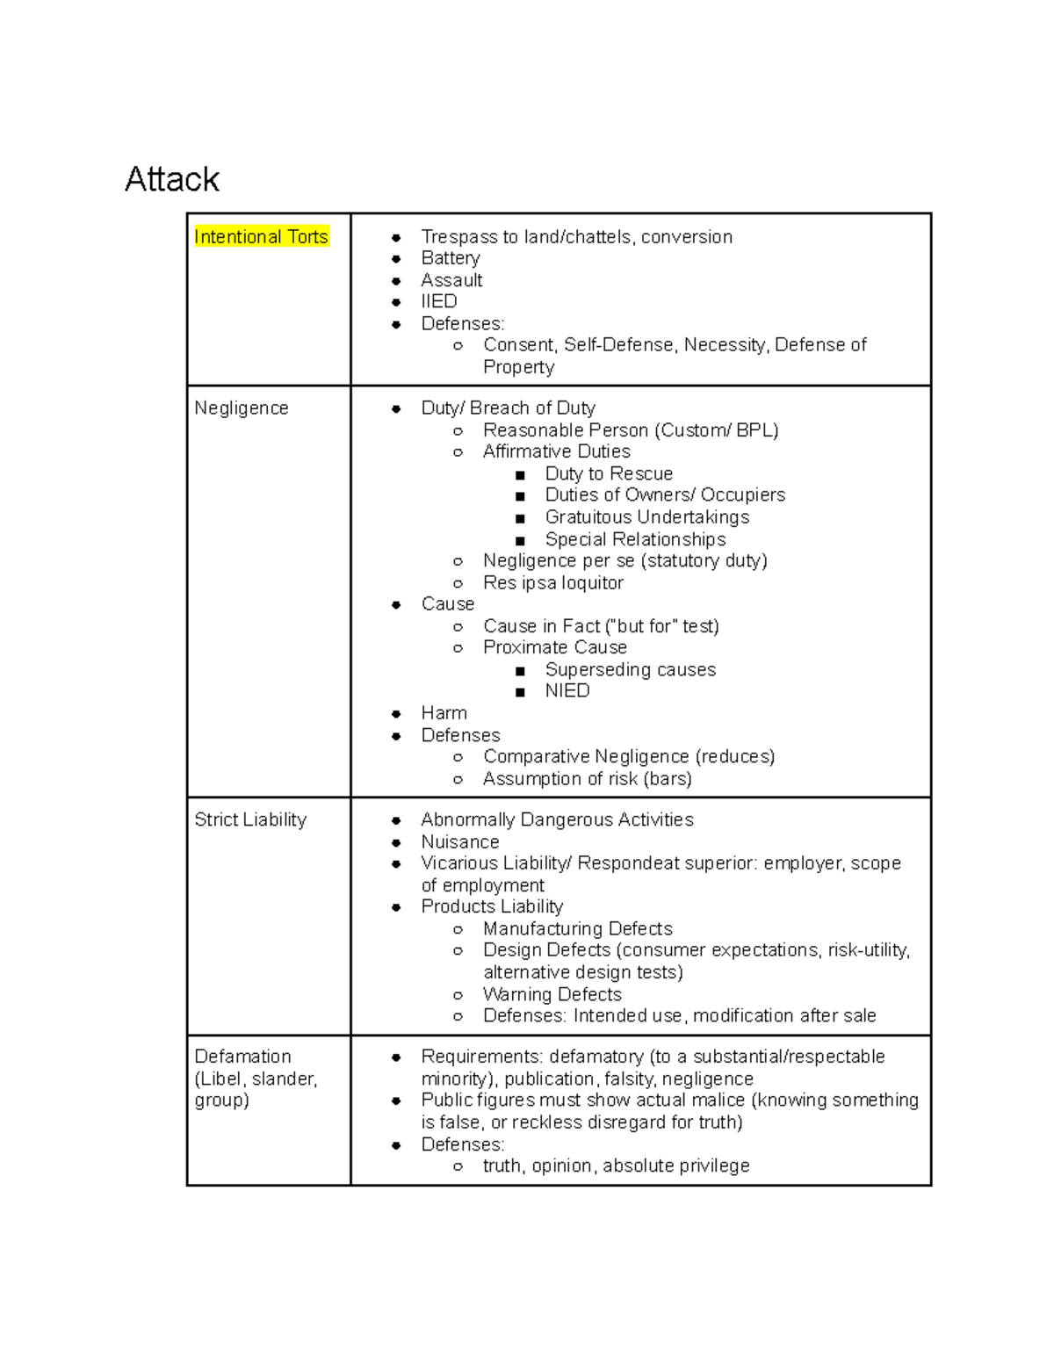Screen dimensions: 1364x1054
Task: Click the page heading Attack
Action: (x=172, y=179)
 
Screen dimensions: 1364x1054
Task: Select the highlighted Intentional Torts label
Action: (x=261, y=236)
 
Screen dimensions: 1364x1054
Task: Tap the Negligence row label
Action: (x=242, y=408)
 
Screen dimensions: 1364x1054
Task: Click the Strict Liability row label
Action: (x=250, y=819)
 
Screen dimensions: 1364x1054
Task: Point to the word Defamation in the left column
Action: (x=242, y=1056)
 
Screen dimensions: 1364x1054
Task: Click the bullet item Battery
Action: (x=451, y=258)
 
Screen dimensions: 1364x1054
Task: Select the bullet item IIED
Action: (x=439, y=301)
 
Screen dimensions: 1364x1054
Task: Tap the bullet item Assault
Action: (x=451, y=280)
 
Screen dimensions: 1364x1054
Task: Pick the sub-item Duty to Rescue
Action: (x=609, y=473)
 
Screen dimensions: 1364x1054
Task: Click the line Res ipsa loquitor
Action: (x=553, y=582)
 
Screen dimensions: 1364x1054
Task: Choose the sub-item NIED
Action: (x=567, y=690)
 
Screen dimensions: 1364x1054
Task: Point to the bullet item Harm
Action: (x=444, y=713)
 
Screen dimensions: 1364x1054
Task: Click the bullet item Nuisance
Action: (x=460, y=841)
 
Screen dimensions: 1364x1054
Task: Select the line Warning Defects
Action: (x=552, y=994)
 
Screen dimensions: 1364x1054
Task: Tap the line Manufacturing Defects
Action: (x=578, y=928)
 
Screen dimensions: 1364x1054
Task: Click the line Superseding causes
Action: (x=631, y=669)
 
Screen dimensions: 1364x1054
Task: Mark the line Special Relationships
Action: (x=635, y=539)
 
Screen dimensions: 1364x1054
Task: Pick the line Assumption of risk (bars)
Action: (x=588, y=778)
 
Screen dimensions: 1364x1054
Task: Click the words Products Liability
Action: (x=492, y=906)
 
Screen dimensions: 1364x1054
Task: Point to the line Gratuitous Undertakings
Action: (x=647, y=517)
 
